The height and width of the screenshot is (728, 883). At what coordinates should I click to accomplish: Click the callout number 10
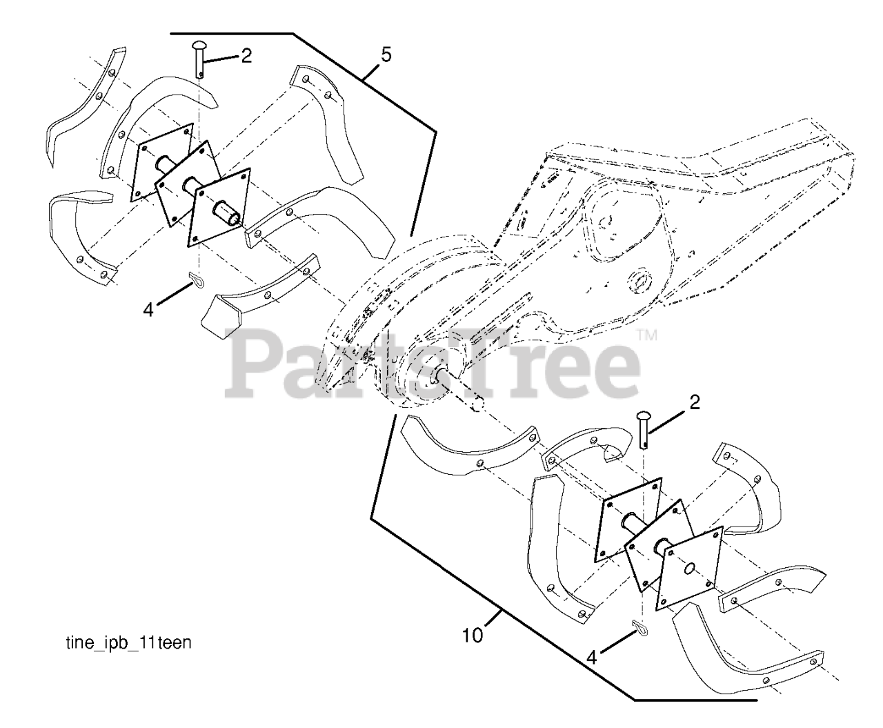click(x=473, y=635)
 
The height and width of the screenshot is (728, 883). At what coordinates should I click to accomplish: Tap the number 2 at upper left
click(x=246, y=56)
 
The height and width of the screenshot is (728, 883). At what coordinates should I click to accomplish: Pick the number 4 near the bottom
click(x=591, y=658)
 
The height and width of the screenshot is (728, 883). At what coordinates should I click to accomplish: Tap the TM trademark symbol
click(x=647, y=336)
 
